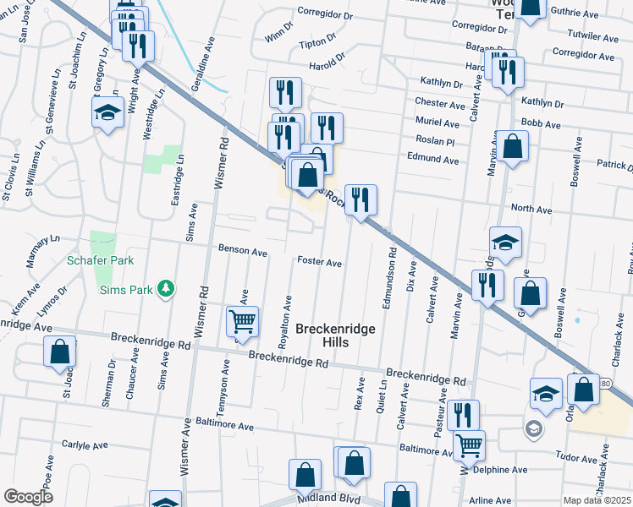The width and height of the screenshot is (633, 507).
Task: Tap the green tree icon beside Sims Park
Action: [x=168, y=290]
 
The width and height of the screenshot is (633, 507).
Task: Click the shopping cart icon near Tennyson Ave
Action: [x=242, y=322]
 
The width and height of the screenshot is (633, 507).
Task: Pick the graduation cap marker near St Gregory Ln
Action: [x=107, y=114]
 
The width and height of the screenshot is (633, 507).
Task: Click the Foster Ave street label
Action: [x=319, y=263]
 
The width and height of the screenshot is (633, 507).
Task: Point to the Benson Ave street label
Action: [x=243, y=252]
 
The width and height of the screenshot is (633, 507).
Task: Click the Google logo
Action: [x=28, y=497]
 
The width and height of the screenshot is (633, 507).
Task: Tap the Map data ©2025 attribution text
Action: [x=597, y=500]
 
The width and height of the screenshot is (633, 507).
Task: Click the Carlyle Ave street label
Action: [x=85, y=444]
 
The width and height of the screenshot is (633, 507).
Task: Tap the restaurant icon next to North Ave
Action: [x=361, y=199]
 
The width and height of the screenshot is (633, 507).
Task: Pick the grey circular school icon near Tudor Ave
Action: [x=532, y=428]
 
